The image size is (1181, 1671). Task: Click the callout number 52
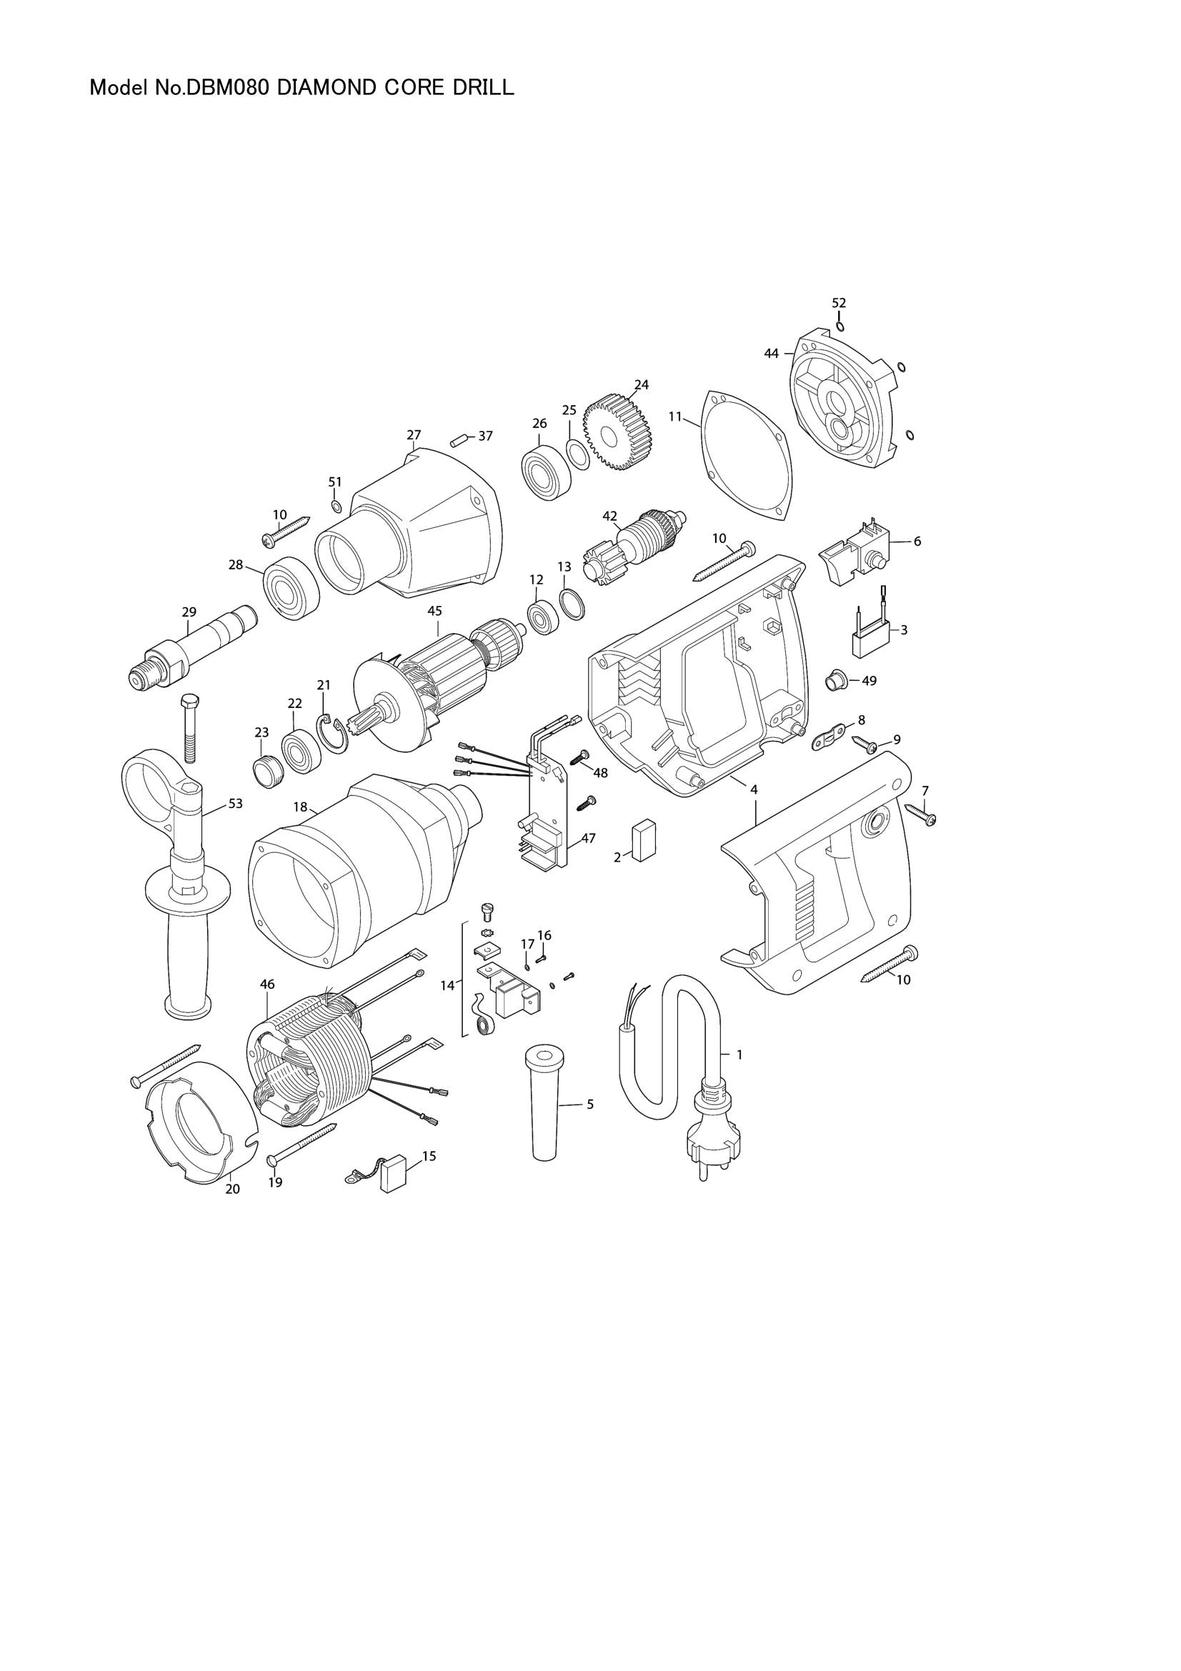tap(839, 302)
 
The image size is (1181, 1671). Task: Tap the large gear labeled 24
tap(618, 433)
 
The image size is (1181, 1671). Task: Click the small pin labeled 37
tap(458, 439)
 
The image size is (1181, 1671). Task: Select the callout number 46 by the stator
tap(267, 984)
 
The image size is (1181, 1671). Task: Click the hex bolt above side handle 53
tap(187, 728)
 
